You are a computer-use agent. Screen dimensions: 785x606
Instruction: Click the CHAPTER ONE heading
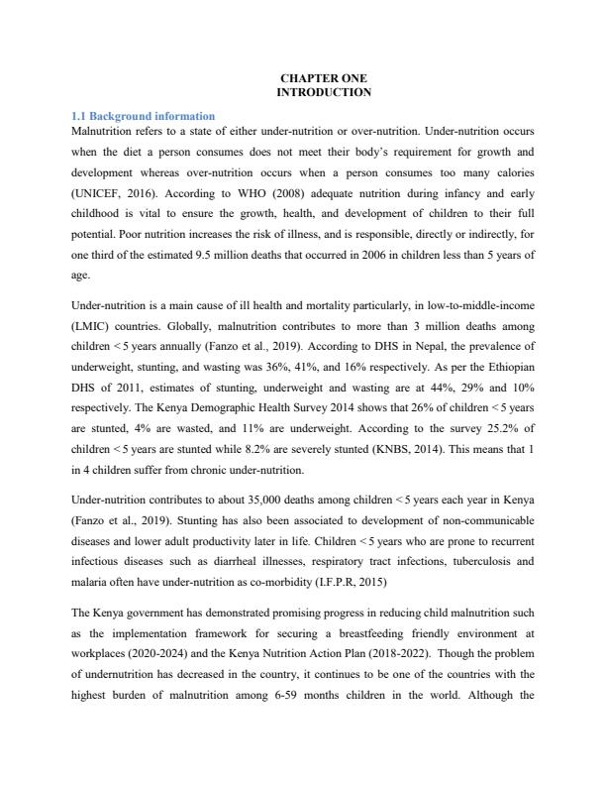pos(324,78)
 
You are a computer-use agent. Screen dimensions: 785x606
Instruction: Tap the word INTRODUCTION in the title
pos(324,92)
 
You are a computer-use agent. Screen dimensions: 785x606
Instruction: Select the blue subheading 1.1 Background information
pos(144,117)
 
